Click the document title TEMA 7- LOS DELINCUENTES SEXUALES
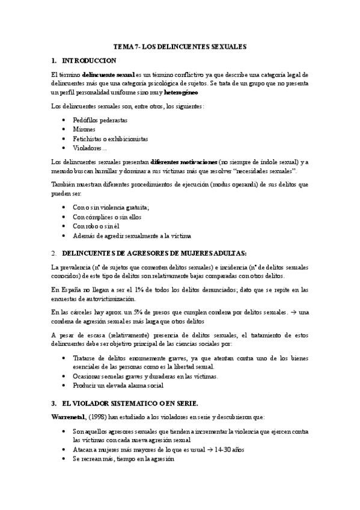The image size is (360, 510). pos(180,47)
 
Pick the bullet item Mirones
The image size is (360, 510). pos(85,129)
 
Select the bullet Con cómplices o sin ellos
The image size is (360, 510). pos(108,217)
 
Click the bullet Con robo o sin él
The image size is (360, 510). pos(98,226)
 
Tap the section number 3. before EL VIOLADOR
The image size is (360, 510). pos(53,402)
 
